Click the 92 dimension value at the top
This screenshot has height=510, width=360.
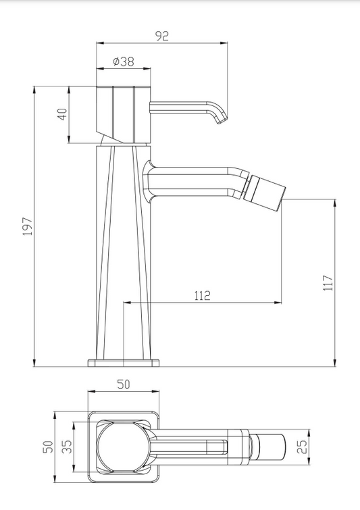161,35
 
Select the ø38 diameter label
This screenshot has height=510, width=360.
124,61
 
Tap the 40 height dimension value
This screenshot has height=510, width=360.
62,114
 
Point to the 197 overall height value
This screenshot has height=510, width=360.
27,226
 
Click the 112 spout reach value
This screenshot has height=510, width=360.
202,295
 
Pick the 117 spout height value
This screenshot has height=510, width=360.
328,282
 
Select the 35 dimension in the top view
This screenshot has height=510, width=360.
67,447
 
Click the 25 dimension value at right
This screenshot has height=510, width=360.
302,447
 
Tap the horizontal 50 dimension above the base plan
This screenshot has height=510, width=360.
123,384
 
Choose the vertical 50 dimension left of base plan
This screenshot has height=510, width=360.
48,447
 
